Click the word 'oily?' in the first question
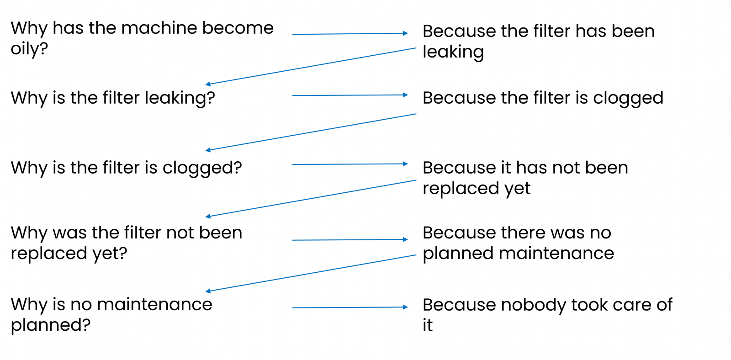point(29,48)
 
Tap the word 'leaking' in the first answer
point(453,52)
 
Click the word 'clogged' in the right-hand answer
point(628,98)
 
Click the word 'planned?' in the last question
point(51,325)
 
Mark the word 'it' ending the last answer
point(427,326)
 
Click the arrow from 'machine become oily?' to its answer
point(350,34)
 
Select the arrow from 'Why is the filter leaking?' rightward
point(350,95)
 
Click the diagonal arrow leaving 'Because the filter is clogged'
point(311,132)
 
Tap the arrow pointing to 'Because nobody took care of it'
point(350,307)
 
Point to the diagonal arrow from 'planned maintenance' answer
point(311,273)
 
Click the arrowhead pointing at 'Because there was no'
point(405,239)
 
